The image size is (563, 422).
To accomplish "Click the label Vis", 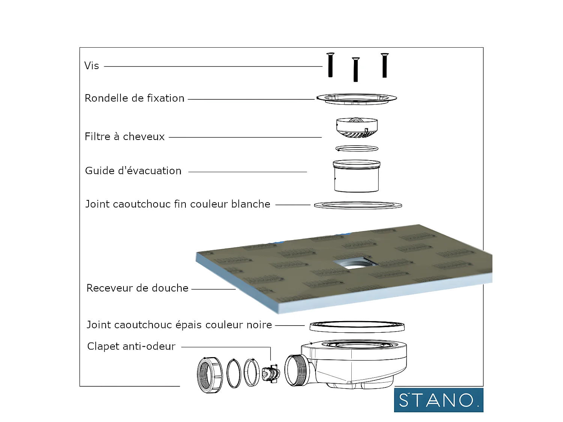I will click(92, 66).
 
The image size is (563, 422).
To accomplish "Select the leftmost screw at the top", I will click(330, 65).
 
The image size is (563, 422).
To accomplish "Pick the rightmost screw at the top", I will click(384, 65).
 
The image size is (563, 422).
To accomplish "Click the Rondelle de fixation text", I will click(134, 98).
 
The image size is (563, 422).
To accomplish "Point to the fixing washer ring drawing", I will click(357, 99).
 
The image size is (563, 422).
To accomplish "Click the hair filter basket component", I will click(357, 128).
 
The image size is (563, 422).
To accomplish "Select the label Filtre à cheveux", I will click(125, 137).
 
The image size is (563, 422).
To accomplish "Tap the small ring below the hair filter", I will click(357, 149).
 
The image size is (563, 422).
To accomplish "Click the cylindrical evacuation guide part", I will click(356, 176).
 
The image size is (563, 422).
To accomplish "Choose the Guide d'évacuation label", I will click(133, 171).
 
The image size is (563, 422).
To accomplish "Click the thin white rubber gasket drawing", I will click(358, 205).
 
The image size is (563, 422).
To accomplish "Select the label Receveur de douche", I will click(137, 288).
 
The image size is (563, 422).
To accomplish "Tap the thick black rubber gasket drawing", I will click(357, 326).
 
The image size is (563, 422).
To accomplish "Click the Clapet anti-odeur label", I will click(131, 346).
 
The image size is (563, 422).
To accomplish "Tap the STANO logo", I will click(438, 400).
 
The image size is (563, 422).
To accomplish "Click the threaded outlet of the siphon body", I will click(295, 370).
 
